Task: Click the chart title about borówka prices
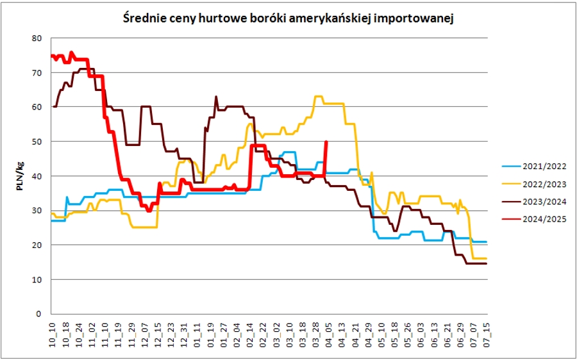click(288, 19)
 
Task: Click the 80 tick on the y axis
click(36, 38)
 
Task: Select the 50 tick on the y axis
click(36, 142)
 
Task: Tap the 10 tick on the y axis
click(36, 280)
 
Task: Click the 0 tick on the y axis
click(38, 315)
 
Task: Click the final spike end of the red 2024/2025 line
click(327, 142)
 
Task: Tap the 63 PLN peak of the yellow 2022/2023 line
click(317, 97)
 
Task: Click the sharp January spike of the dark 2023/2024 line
click(215, 97)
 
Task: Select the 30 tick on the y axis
click(36, 211)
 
